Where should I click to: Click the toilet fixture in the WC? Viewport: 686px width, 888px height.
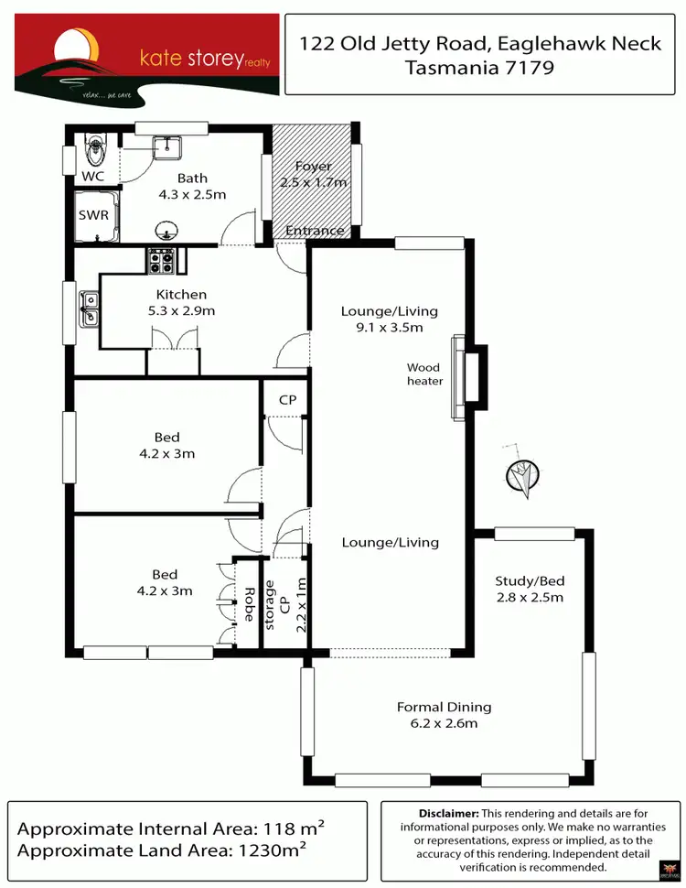tap(95, 146)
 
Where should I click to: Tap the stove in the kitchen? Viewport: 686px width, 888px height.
tap(162, 262)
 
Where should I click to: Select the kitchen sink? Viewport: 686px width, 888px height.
tap(89, 307)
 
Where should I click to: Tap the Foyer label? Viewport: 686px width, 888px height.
tap(314, 168)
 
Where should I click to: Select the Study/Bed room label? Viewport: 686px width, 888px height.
tap(529, 580)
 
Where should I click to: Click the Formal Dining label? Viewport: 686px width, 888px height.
tap(444, 707)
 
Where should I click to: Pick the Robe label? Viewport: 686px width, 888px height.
tap(247, 603)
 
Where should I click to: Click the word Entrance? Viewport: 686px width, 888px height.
tap(316, 231)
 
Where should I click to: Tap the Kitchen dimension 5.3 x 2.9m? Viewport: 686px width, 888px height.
tap(181, 311)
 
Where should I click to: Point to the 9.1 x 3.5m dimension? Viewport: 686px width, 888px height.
tap(389, 327)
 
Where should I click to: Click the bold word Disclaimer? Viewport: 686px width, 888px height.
tap(448, 813)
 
